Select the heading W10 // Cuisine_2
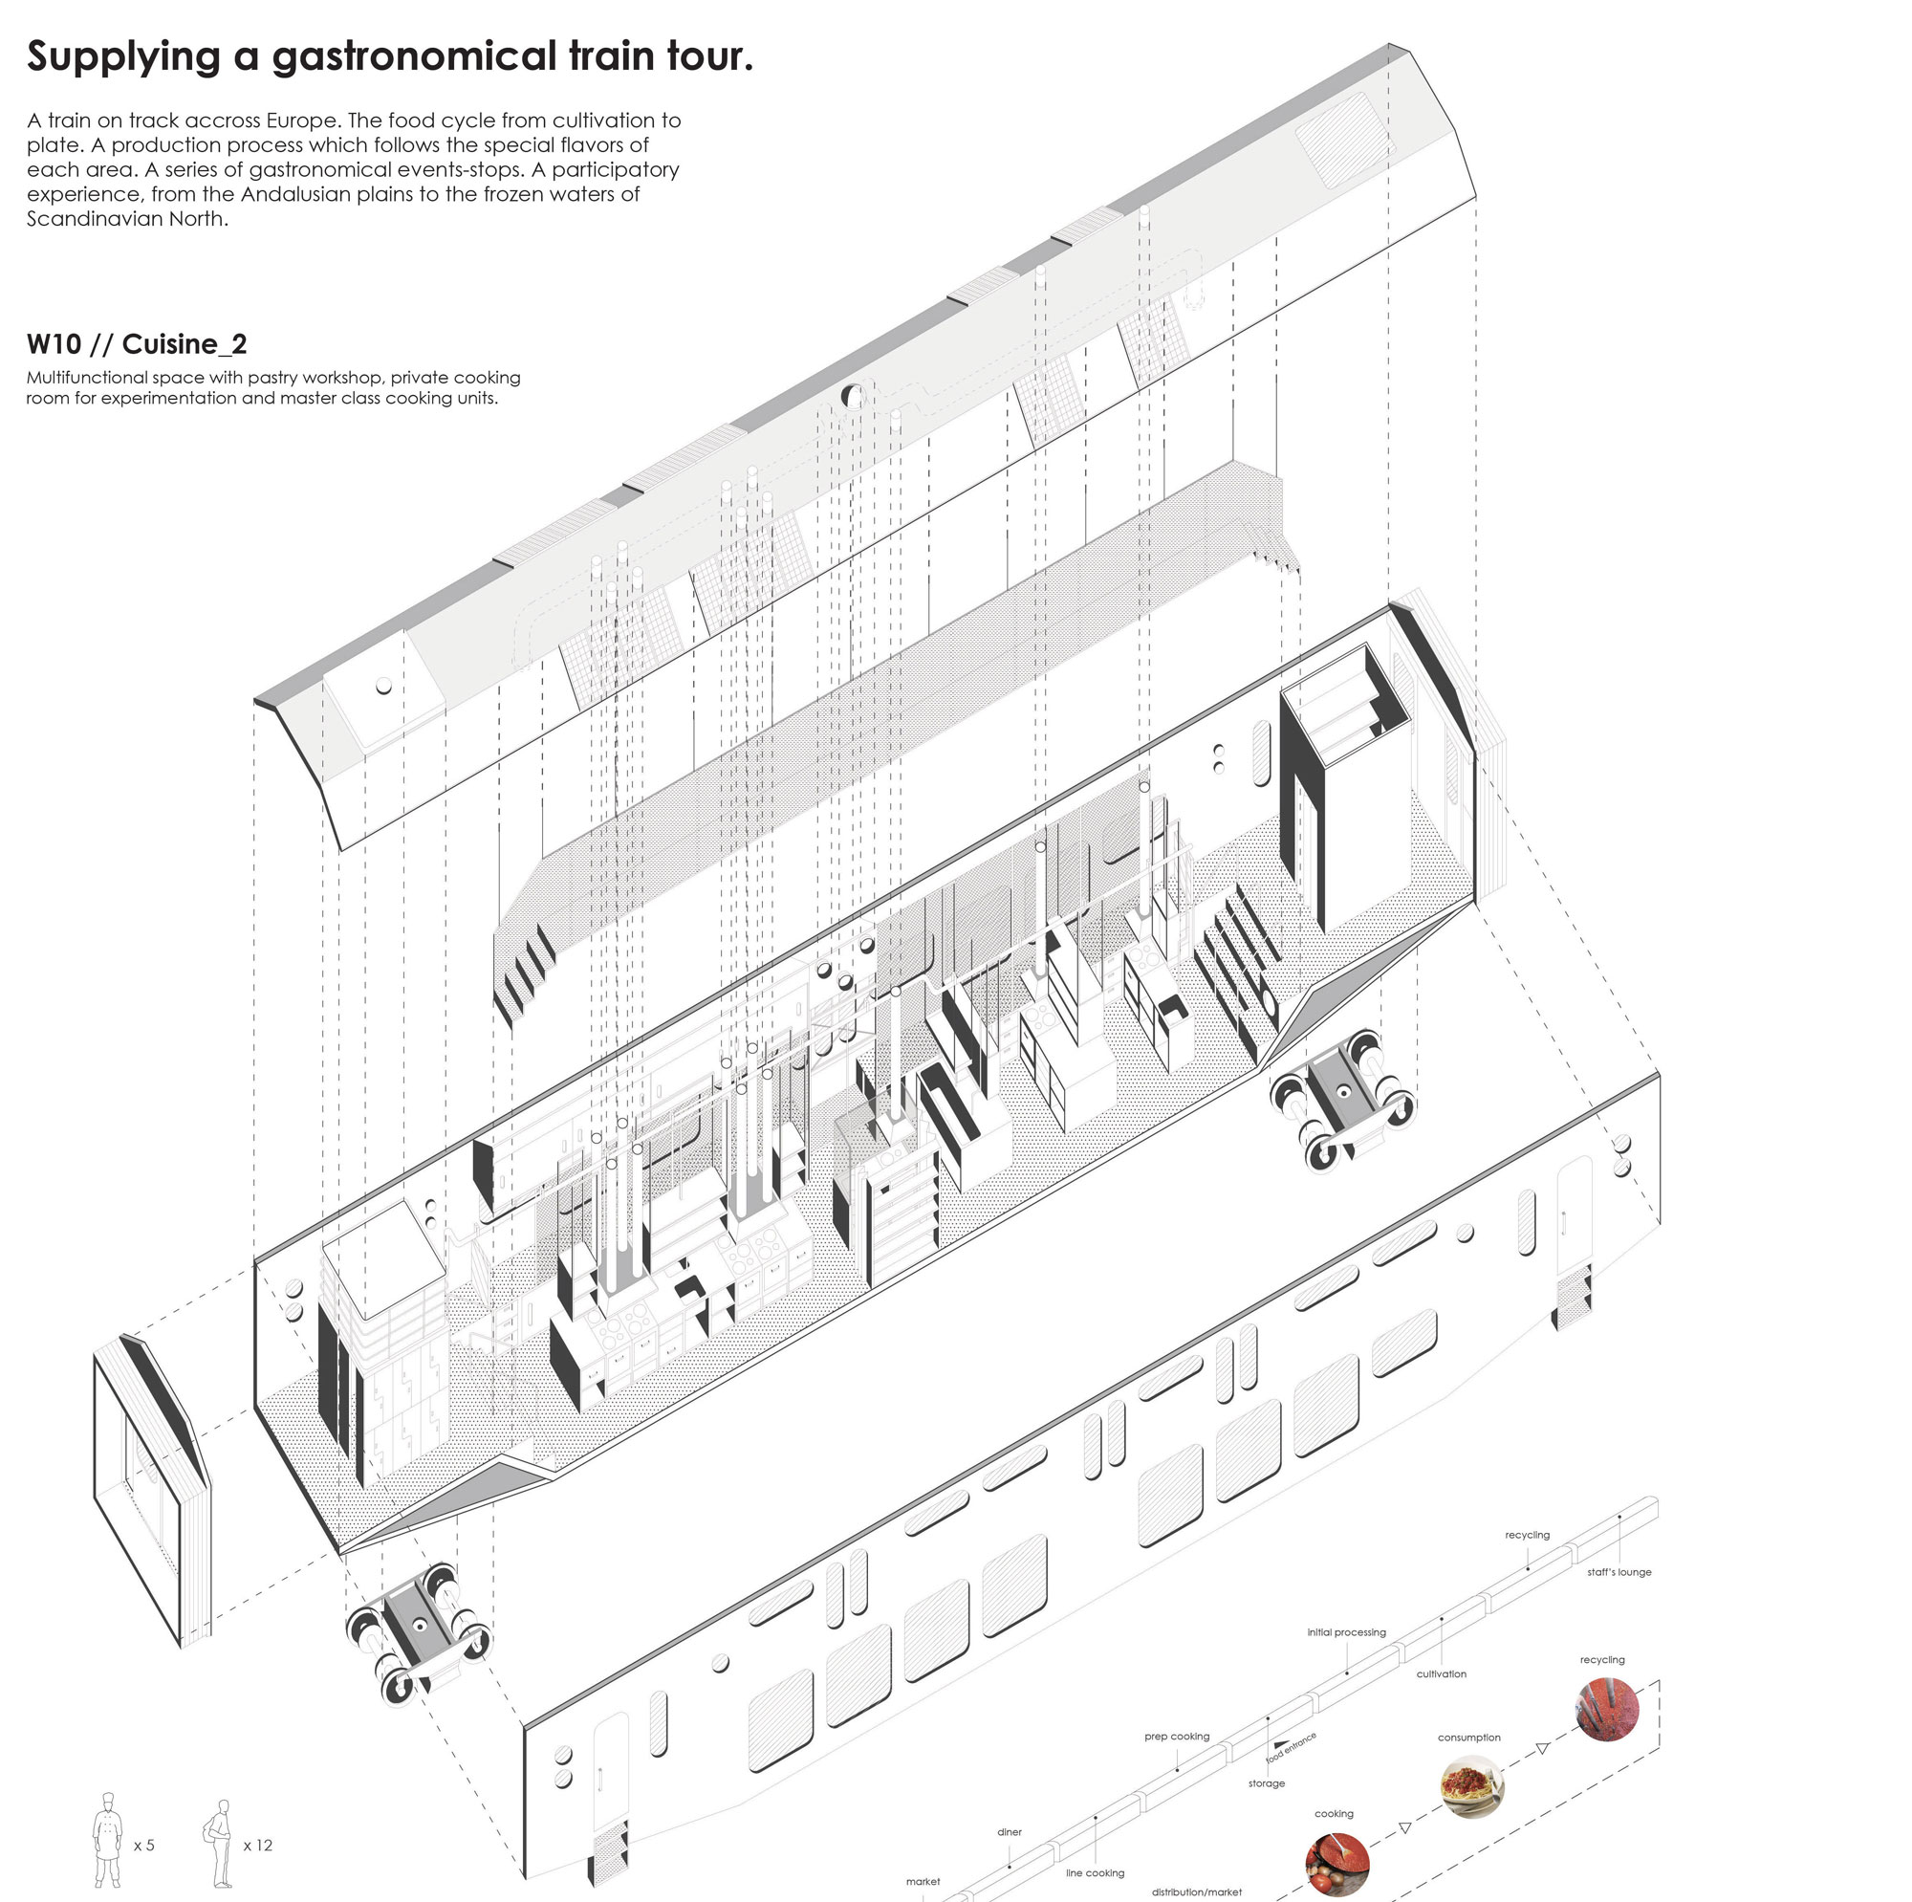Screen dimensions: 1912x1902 coord(137,343)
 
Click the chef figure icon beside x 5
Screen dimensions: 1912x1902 coord(107,1841)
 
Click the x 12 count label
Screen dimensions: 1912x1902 coord(257,1846)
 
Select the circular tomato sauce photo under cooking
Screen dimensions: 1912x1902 coord(1337,1864)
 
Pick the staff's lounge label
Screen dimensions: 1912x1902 coord(1619,1572)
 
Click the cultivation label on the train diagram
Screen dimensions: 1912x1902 coord(1441,1674)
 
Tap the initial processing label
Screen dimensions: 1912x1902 coord(1346,1632)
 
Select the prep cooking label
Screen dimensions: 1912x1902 coord(1177,1737)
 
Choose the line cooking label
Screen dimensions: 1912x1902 coord(1095,1873)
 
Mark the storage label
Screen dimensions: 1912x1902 coord(1266,1783)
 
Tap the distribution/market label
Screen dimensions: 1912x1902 coord(1197,1892)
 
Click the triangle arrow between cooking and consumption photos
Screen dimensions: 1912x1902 coord(1404,1827)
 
